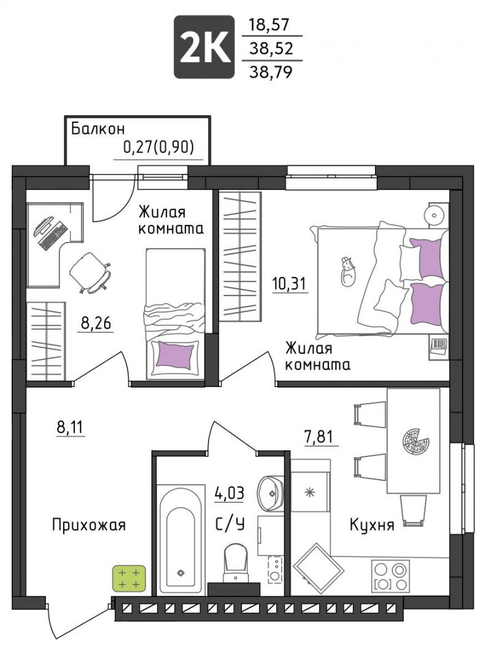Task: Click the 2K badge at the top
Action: coord(204,47)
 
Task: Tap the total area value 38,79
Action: coord(271,72)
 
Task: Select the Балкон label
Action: coord(98,129)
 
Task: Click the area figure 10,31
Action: coord(289,284)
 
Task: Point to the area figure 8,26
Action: coord(96,323)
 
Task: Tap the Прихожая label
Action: coord(89,525)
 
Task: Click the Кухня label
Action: coord(372,525)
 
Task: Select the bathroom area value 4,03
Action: coord(229,493)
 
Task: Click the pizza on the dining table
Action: coord(416,442)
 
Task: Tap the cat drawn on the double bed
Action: coord(347,271)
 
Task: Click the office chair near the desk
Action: coord(90,273)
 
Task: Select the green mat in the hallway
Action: coord(130,579)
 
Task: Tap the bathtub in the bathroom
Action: coord(181,540)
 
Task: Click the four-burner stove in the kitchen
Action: coord(391,576)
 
